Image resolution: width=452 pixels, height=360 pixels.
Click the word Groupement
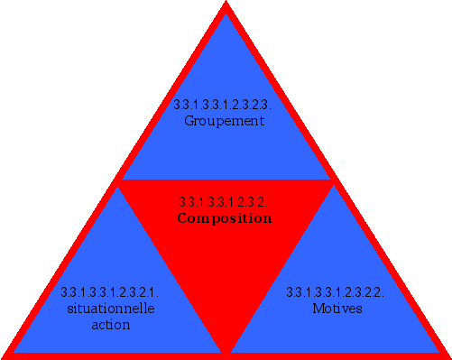[224, 120]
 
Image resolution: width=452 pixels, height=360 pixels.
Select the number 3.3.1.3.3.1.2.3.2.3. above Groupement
[224, 105]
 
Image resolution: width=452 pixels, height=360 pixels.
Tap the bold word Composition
[225, 217]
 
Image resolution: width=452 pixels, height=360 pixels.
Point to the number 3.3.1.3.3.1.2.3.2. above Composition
[224, 201]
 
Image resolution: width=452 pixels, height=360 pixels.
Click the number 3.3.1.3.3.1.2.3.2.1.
[110, 292]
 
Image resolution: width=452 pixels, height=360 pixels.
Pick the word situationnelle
[111, 309]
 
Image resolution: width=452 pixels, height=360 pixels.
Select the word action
[111, 325]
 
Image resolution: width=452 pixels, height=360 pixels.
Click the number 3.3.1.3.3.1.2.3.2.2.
[336, 292]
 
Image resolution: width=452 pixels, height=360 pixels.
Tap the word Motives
[337, 309]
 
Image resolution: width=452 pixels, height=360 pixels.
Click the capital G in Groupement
[189, 120]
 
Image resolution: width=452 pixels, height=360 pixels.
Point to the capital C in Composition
[182, 217]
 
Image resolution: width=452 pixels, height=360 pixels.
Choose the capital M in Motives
[317, 309]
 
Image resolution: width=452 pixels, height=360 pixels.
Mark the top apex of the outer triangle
[226, 4]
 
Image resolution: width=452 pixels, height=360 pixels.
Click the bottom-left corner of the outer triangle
[5, 355]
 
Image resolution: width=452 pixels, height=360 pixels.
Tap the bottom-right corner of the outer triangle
[447, 355]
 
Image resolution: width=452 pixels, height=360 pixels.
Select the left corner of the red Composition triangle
[121, 181]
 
